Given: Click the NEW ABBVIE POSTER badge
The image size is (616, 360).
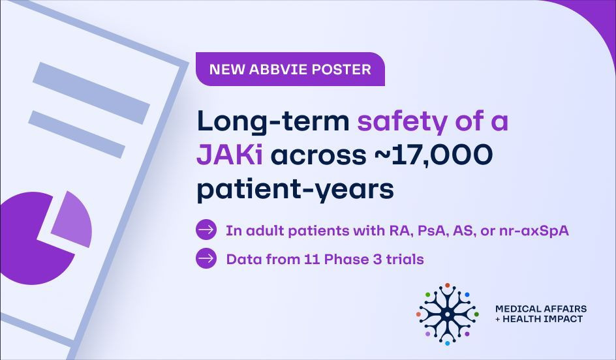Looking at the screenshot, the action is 290,69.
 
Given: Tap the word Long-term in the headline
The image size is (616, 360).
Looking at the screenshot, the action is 273,122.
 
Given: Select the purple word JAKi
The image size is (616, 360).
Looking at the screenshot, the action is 230,155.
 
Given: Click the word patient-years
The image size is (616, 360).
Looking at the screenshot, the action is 295,190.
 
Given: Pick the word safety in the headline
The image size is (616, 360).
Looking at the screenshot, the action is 402,122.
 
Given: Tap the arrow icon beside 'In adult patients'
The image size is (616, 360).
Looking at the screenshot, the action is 206,230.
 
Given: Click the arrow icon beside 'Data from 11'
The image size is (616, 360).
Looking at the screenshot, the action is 206,258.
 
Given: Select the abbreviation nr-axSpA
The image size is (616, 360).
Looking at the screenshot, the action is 534,230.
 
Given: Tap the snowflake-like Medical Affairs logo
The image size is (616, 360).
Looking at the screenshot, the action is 447,314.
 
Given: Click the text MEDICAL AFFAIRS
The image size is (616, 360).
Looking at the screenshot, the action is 541,308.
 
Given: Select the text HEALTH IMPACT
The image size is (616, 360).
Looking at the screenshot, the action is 542,319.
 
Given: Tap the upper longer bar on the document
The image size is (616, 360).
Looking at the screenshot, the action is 91,93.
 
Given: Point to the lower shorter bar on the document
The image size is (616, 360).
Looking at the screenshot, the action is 76,134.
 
